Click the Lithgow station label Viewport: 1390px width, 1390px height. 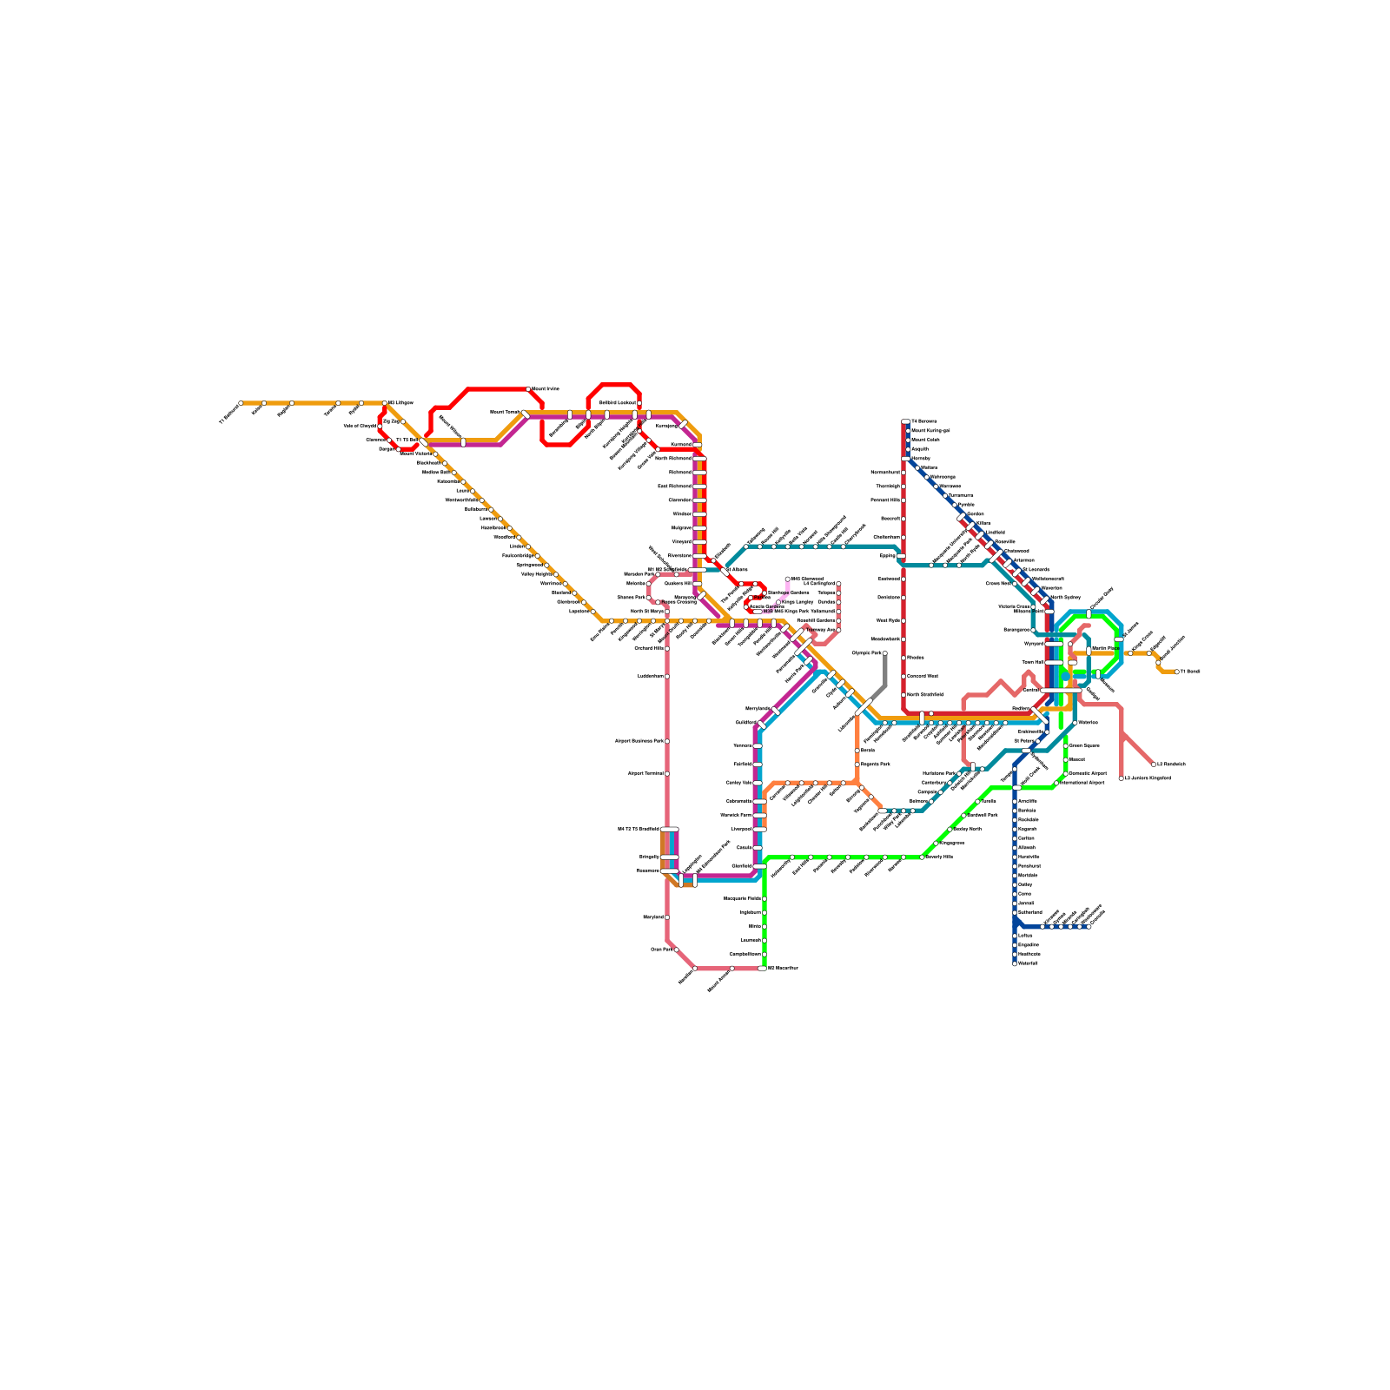click(401, 403)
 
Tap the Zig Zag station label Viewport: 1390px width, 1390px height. click(391, 421)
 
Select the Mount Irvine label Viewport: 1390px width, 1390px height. click(546, 389)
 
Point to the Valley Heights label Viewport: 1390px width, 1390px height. click(536, 574)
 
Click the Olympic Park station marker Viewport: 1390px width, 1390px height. click(885, 653)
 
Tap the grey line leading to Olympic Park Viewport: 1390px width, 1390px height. click(885, 673)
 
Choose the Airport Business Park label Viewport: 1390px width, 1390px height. click(639, 741)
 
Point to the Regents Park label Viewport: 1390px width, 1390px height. click(876, 764)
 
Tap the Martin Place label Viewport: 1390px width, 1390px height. click(1105, 649)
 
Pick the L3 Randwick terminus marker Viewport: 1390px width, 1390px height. click(1154, 764)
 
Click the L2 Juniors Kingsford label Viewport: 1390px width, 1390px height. click(1148, 778)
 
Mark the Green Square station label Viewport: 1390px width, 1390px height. click(1084, 745)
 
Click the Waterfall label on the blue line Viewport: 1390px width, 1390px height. click(1028, 963)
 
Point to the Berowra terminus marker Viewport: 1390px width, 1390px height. click(906, 421)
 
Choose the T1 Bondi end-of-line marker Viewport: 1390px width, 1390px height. click(1177, 672)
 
